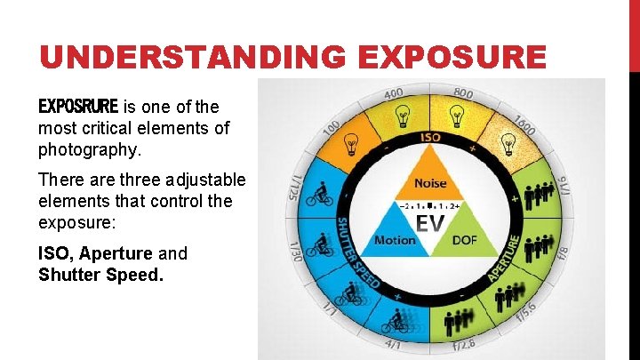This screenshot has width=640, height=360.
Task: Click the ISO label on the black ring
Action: pyautogui.click(x=430, y=138)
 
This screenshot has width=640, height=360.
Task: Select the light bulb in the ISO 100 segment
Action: pyautogui.click(x=352, y=143)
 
